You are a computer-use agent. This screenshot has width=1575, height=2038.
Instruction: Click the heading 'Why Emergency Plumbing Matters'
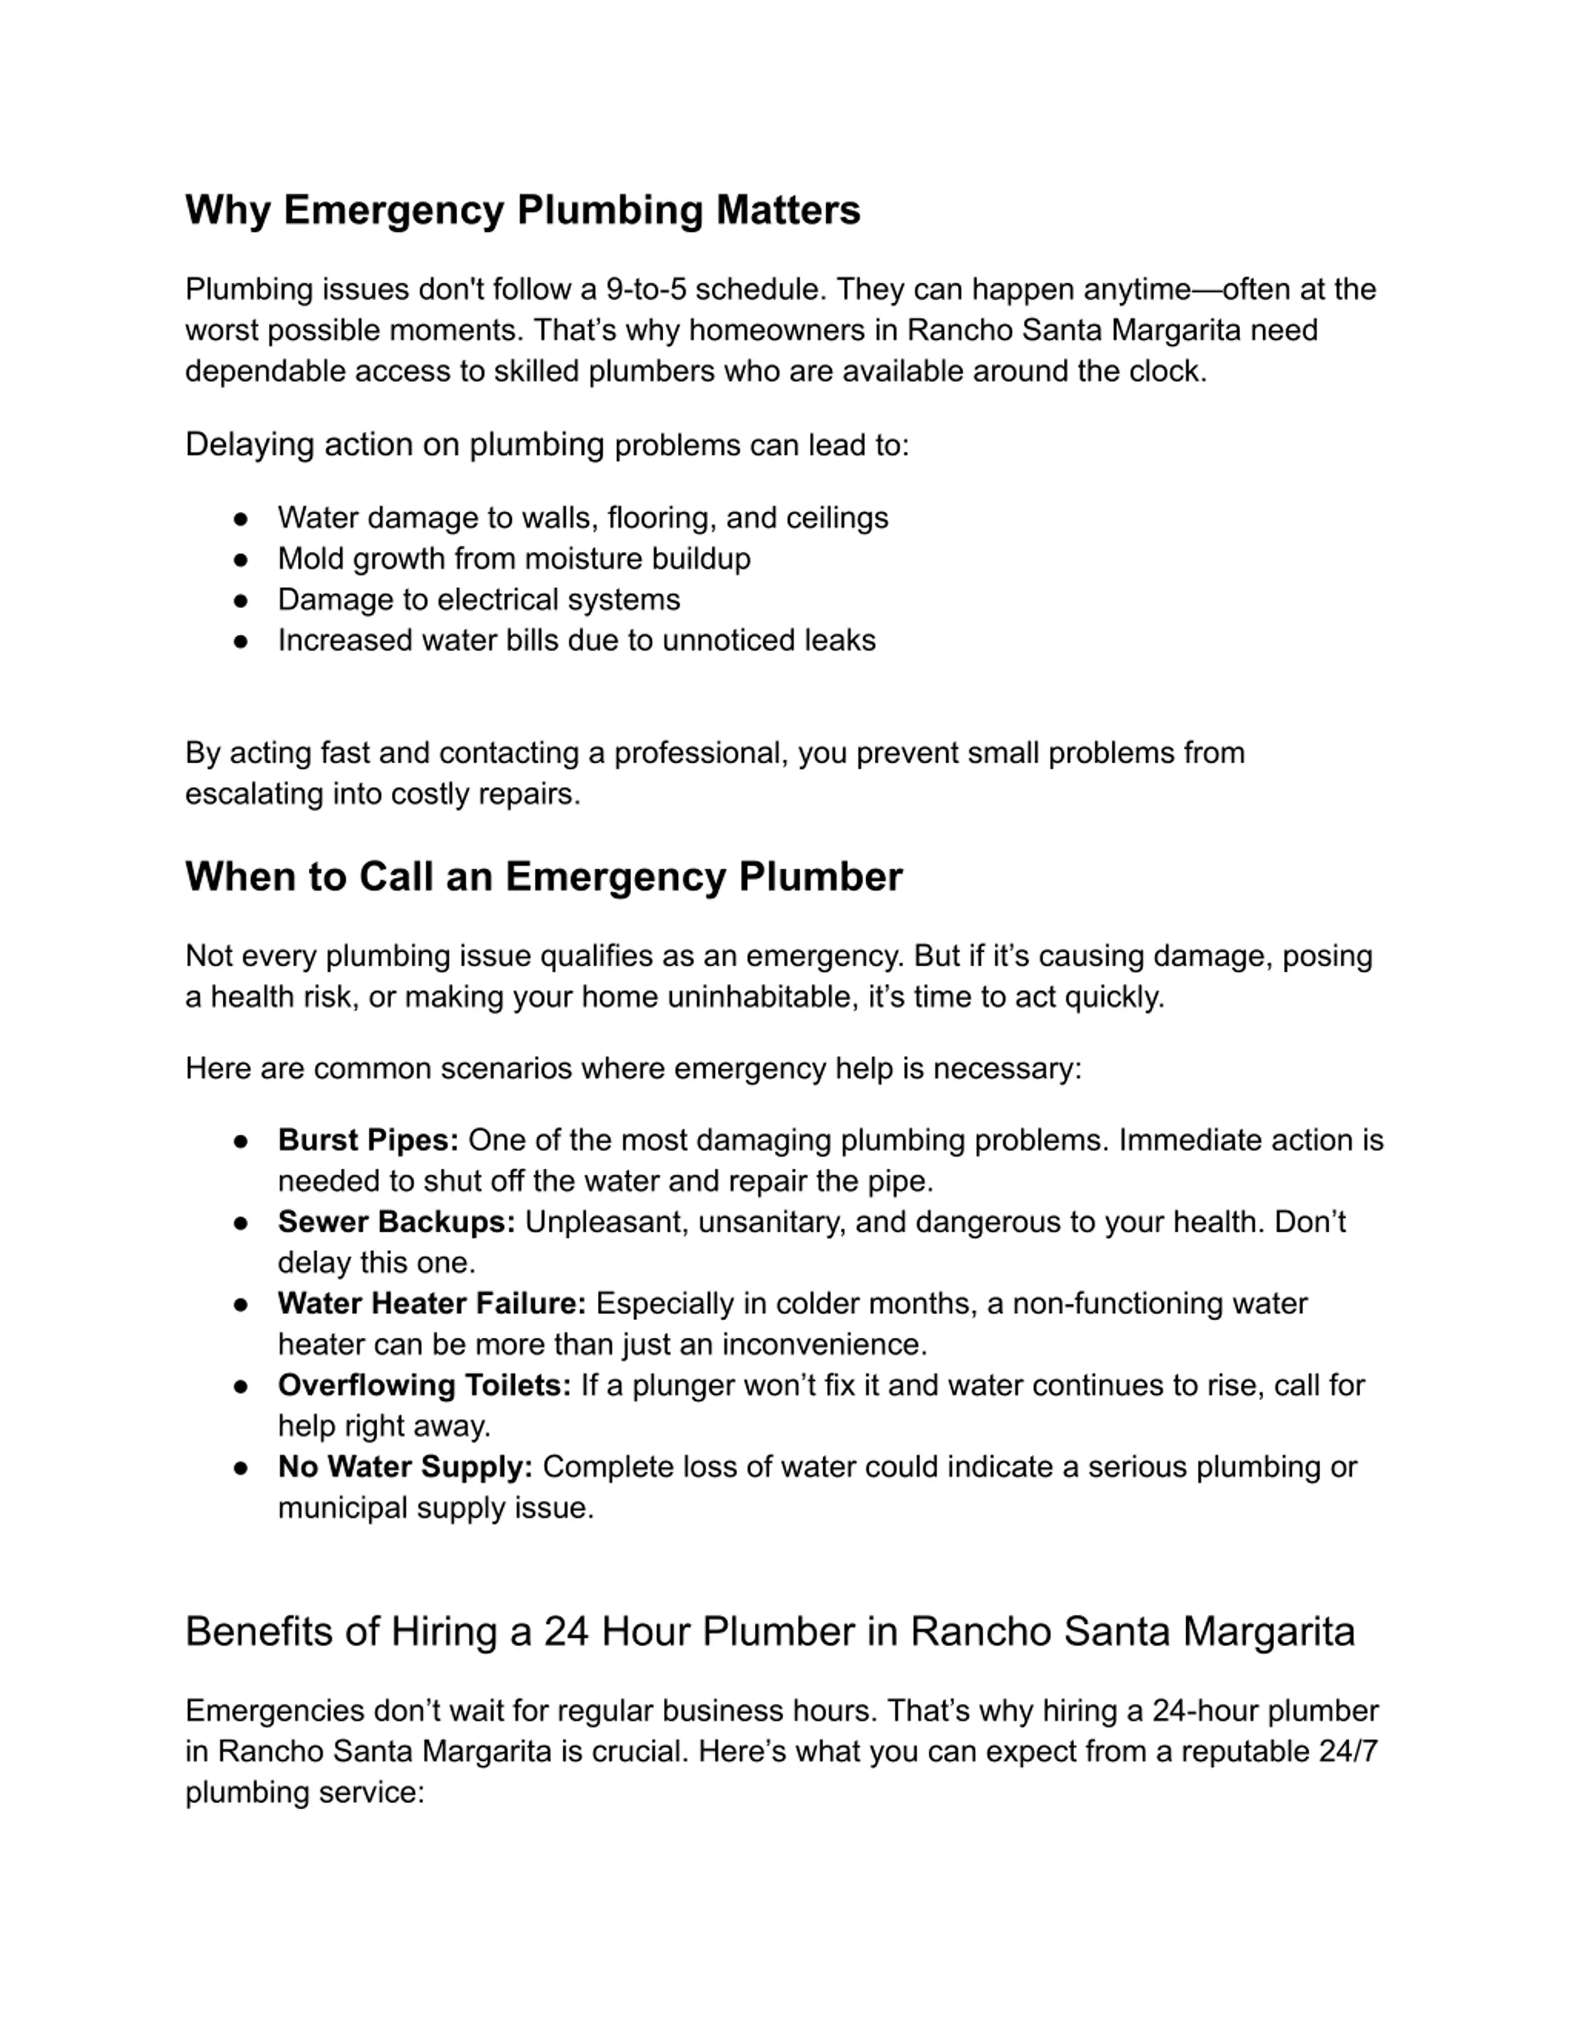tap(522, 210)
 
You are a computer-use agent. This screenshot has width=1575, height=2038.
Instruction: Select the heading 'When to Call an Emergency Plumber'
tap(544, 877)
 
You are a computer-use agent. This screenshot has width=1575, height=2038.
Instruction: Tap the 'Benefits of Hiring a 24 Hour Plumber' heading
tap(769, 1631)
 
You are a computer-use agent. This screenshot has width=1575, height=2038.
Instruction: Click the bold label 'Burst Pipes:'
tap(368, 1140)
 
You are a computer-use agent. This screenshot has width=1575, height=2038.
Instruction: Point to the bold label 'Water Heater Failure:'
tap(432, 1304)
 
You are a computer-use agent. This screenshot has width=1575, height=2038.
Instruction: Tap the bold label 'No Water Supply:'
tap(405, 1467)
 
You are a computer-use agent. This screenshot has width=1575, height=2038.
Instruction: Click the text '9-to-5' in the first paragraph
tap(645, 289)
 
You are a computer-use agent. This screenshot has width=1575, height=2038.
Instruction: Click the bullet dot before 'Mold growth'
tap(241, 560)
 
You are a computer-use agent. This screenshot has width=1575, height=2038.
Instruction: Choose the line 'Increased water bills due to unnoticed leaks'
tap(576, 641)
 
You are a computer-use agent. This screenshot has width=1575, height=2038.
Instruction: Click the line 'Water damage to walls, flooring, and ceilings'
tap(582, 518)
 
